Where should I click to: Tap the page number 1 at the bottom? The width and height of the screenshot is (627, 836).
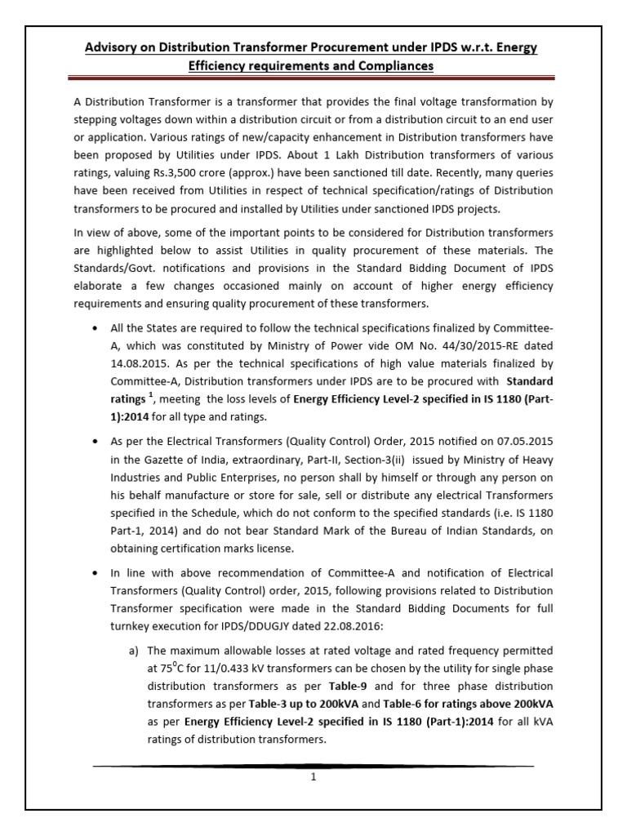(x=313, y=776)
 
